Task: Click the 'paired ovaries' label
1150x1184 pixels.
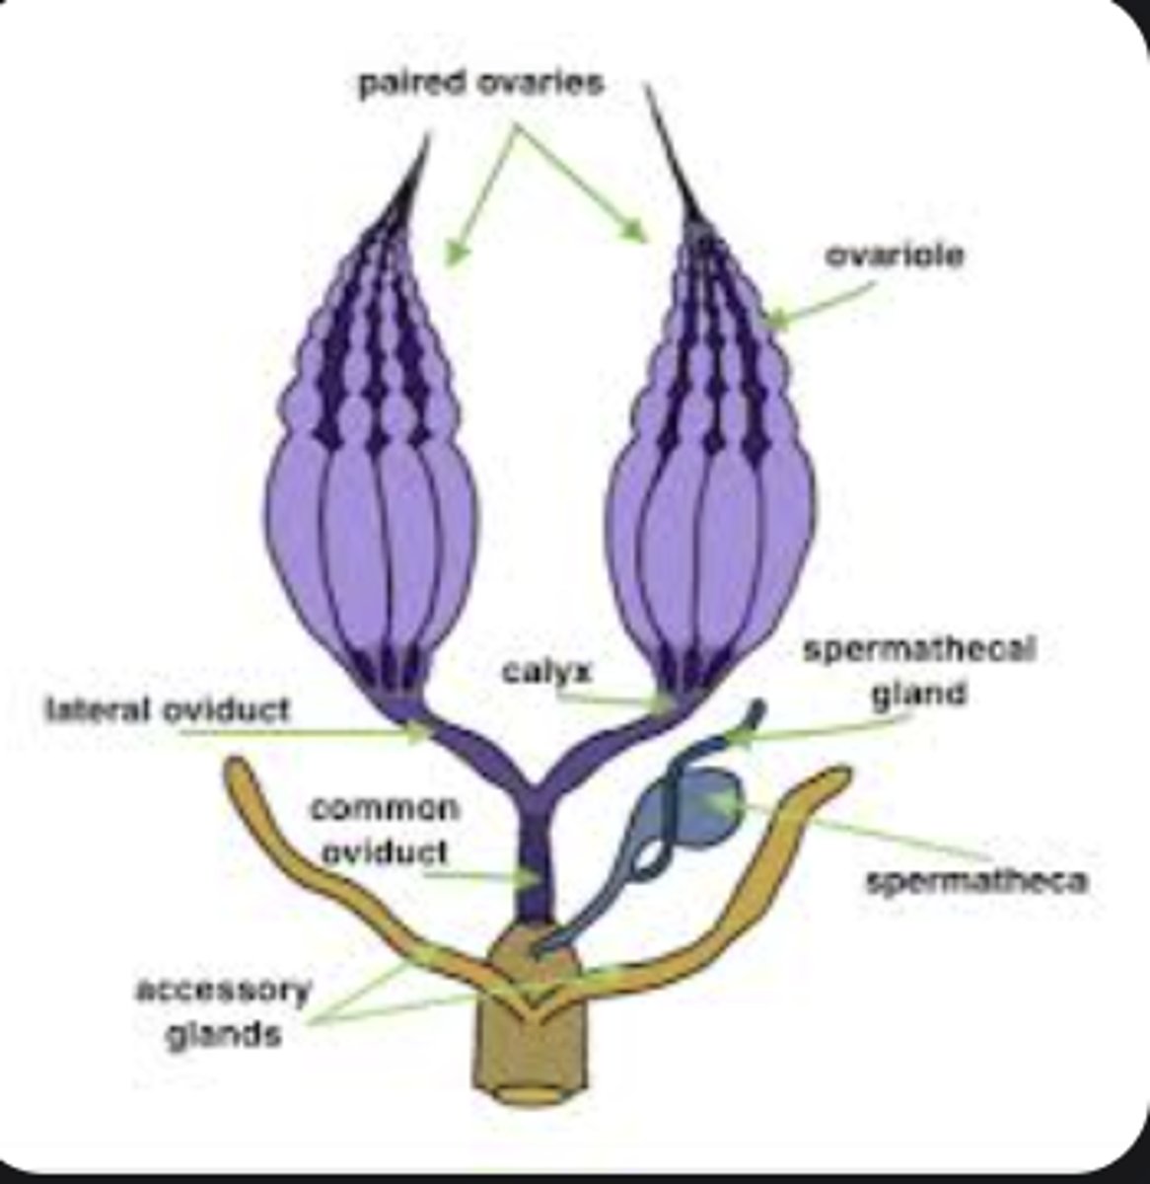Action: [480, 84]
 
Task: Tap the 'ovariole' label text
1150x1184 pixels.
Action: [896, 256]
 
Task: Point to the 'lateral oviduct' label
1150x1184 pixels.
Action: [169, 708]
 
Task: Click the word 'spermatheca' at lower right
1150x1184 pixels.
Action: [976, 880]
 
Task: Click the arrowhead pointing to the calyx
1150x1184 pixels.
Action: [666, 704]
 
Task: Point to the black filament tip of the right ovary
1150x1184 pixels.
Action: [648, 89]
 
